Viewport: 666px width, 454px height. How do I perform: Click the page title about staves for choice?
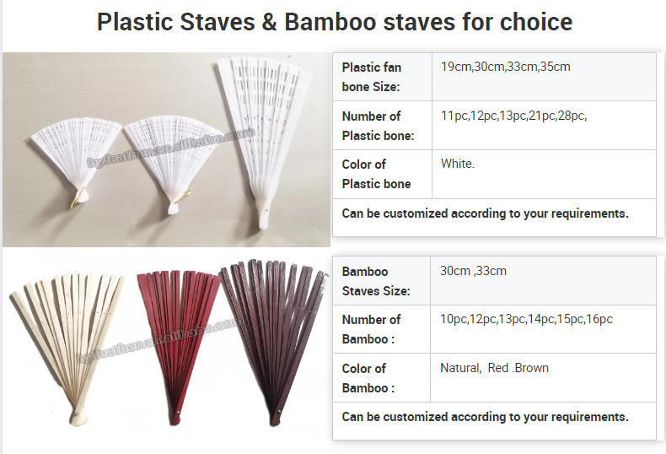point(334,21)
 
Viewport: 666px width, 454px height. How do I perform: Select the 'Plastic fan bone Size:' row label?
point(372,76)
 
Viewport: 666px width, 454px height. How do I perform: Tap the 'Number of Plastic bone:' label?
point(378,126)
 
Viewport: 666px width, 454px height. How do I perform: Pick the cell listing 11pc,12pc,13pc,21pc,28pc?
point(513,116)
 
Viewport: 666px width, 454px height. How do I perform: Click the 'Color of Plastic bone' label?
point(376,174)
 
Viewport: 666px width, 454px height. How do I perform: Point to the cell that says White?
point(458,164)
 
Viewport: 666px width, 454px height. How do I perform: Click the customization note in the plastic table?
point(485,213)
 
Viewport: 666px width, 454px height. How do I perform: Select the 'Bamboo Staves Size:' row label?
point(376,281)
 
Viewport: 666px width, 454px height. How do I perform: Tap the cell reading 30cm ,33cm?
point(473,271)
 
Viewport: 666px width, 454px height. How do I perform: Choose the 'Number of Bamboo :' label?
point(371,329)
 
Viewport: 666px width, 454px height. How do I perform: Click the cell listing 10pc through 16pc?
point(526,319)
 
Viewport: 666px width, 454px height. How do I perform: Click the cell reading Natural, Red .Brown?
point(494,368)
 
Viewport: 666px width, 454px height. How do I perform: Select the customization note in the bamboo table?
point(485,417)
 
